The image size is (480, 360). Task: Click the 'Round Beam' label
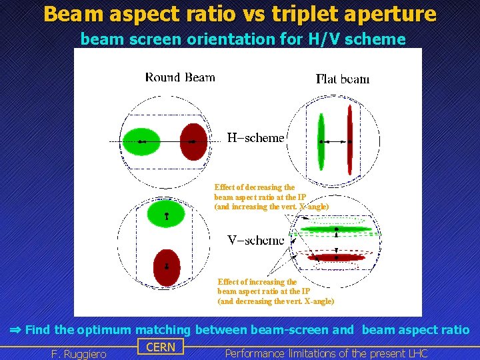click(x=180, y=77)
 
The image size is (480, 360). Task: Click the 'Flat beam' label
click(x=343, y=79)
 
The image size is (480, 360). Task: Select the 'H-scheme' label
click(x=255, y=138)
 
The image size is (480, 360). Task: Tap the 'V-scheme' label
click(x=255, y=239)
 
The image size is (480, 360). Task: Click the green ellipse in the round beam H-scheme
click(x=141, y=141)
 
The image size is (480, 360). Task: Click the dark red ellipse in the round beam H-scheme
click(x=194, y=141)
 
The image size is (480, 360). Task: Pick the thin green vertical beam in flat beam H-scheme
click(x=321, y=141)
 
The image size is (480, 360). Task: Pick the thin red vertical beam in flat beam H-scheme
click(x=349, y=141)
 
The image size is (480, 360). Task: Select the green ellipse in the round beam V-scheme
click(x=166, y=213)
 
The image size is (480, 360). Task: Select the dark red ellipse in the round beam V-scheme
click(x=166, y=267)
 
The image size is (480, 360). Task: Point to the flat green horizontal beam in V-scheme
click(x=336, y=229)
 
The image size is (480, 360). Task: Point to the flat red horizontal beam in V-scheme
click(x=336, y=257)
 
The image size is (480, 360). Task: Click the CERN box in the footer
click(x=160, y=347)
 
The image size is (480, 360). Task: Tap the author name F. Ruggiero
click(x=79, y=354)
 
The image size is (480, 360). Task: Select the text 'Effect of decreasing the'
click(x=254, y=187)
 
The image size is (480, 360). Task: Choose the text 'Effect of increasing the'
click(x=257, y=282)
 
